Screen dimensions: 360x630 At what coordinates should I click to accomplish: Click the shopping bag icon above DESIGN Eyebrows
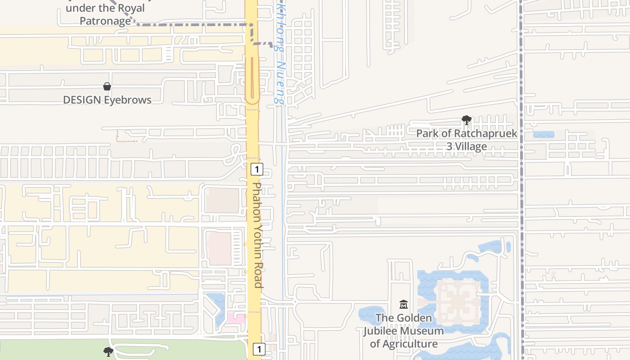[107, 86]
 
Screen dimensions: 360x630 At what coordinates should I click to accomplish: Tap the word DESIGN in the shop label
[81, 100]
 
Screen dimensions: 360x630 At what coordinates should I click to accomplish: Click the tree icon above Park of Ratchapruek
[467, 120]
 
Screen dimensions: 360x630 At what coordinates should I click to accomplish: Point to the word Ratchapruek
[486, 134]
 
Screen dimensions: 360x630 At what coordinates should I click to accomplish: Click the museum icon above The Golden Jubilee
[404, 305]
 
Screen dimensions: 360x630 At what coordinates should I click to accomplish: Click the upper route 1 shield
[256, 170]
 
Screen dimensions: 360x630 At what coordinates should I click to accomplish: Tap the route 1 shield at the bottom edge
[259, 349]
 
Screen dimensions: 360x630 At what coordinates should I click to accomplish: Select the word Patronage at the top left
[105, 21]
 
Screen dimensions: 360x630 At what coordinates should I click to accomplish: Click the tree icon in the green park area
[108, 351]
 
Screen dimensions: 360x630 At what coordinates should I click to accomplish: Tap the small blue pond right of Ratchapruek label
[543, 135]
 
